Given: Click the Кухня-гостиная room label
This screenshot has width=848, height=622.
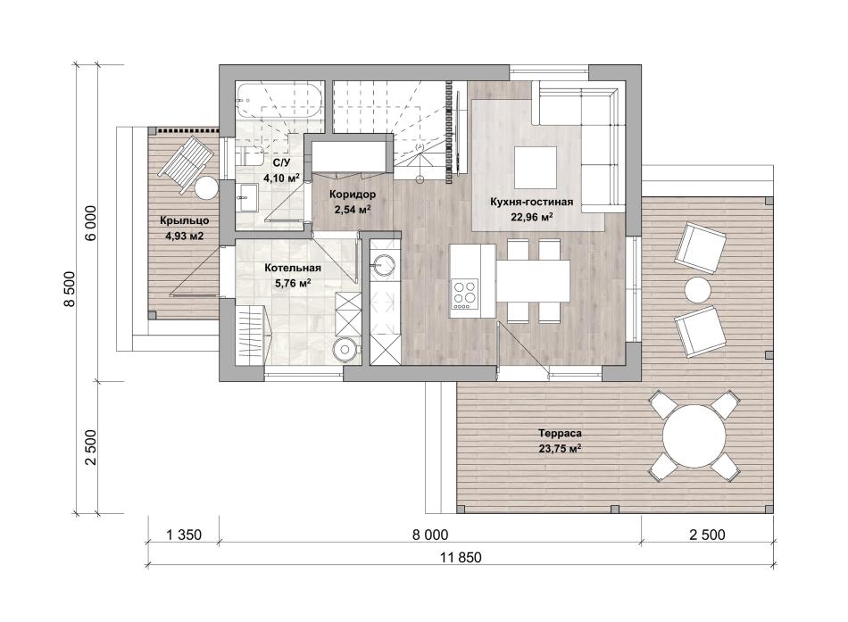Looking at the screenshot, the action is [531, 203].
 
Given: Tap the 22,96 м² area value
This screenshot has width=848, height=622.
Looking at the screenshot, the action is [532, 218].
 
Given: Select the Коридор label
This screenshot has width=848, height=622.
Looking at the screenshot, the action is [353, 195].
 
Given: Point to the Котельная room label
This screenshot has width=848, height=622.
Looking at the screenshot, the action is [293, 268].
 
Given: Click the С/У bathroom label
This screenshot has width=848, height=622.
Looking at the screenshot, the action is [281, 162].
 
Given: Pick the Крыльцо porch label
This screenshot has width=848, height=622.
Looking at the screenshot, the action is [184, 220].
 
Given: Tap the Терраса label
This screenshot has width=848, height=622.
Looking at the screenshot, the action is [560, 433].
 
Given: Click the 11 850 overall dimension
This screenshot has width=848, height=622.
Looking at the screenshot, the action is [461, 557].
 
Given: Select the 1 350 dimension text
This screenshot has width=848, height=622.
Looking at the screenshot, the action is [183, 535].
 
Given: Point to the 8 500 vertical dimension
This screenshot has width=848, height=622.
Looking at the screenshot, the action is [70, 289].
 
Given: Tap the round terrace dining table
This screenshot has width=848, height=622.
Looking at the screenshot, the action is [694, 436].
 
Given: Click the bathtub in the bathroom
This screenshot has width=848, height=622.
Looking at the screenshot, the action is [279, 101].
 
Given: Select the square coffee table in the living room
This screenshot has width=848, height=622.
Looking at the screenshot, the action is [536, 167].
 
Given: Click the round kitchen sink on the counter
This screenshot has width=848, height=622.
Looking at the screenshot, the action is [384, 264].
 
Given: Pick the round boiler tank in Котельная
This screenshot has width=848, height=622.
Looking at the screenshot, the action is [345, 348].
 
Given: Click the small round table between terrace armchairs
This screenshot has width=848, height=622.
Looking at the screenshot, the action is [698, 290].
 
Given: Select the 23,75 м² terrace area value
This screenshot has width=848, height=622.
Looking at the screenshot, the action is [560, 448].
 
